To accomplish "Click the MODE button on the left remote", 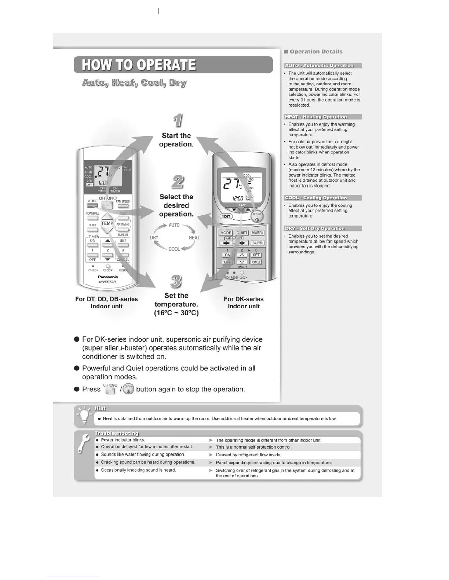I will [x=92, y=206].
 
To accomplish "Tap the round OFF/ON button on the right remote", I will [x=257, y=217].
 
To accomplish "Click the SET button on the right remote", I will [x=256, y=255].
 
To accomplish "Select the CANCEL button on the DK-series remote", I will [x=256, y=262].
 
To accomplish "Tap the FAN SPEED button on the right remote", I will [x=257, y=243].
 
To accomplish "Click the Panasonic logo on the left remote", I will [x=108, y=277].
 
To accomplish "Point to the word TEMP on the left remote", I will [x=107, y=223].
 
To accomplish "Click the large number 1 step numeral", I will [x=178, y=120].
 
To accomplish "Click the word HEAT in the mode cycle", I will [x=194, y=237].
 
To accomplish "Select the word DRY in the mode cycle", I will [x=154, y=237].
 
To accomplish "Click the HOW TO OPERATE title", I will [x=139, y=65].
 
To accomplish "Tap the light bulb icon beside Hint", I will [x=84, y=416].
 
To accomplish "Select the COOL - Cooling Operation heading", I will [x=316, y=198].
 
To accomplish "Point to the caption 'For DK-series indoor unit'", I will [x=244, y=302].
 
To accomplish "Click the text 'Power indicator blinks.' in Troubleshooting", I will [x=123, y=440].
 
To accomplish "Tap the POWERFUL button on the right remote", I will [x=258, y=233].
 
